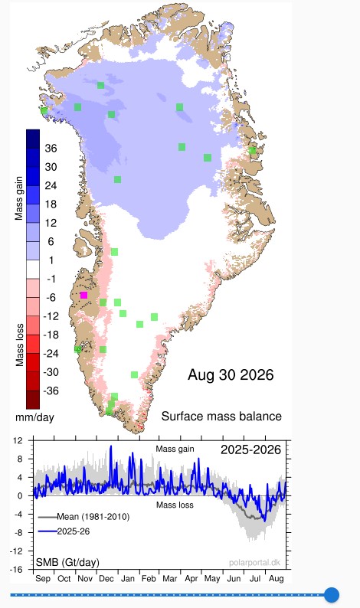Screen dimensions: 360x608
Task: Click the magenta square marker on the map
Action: tap(83, 296)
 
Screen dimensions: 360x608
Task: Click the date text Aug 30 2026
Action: tap(231, 375)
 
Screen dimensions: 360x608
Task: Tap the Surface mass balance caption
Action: tap(221, 417)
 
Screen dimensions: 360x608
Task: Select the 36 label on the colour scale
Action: tap(51, 148)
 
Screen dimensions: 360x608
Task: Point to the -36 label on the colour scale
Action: tap(51, 391)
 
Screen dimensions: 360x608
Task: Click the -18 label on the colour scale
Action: tap(51, 335)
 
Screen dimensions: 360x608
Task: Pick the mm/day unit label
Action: tap(35, 417)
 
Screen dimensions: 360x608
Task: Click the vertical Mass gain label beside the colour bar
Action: tap(18, 198)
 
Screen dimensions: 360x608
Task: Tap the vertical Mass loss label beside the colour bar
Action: tap(19, 345)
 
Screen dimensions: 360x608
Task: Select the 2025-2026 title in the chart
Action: tap(250, 449)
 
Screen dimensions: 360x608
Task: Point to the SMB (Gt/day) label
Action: tap(67, 562)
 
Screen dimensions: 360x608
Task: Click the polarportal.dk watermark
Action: tap(254, 563)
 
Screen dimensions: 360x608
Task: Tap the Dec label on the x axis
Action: tap(106, 579)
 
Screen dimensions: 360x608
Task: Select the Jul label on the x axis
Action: tap(255, 579)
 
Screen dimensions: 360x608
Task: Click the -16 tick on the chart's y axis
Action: tap(18, 569)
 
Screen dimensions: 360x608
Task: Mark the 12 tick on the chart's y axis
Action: tap(18, 440)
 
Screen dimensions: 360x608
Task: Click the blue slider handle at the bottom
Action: tap(332, 594)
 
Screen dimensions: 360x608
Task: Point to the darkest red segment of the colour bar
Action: tap(33, 400)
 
